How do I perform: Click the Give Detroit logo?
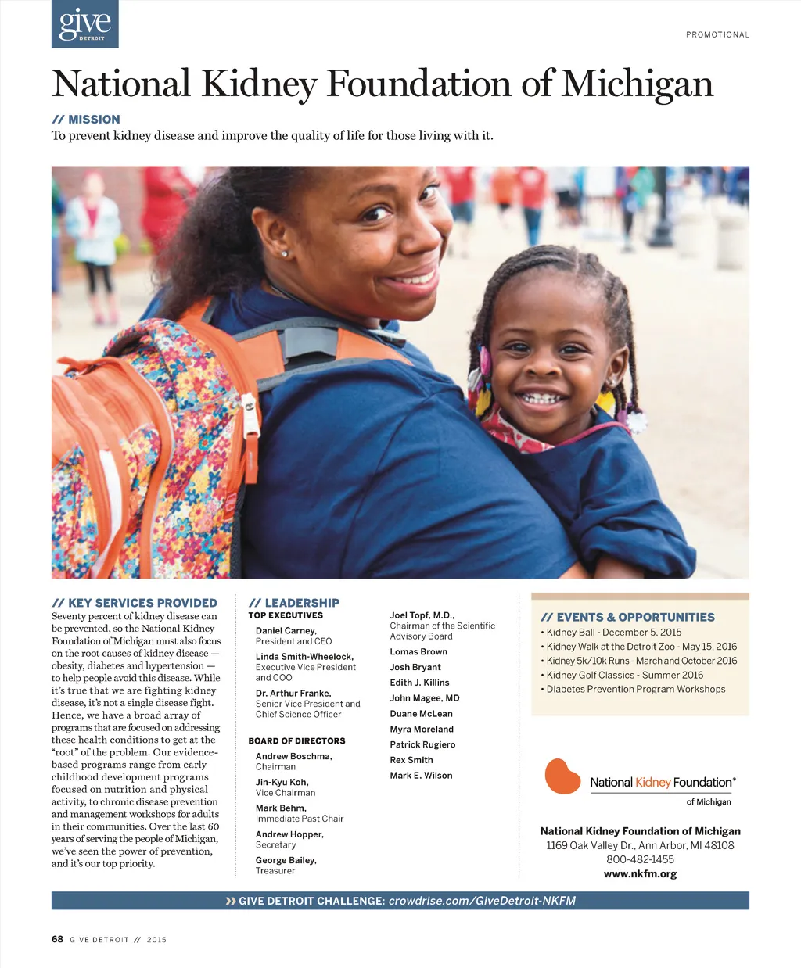pos(84,24)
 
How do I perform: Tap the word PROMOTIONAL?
pos(717,34)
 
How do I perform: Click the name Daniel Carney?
pos(286,631)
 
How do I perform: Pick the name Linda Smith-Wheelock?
pos(304,657)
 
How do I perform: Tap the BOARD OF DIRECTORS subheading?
pos(296,740)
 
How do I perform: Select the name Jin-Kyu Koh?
pos(282,782)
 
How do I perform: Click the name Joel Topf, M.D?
pos(422,615)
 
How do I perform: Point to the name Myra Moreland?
pos(422,729)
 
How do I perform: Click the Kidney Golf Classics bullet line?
pos(624,675)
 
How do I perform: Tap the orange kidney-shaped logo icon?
pos(562,776)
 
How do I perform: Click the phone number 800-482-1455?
pos(640,859)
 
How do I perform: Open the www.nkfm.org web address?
pos(640,873)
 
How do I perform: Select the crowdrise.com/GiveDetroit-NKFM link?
pos(482,901)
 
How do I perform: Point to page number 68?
pos(57,939)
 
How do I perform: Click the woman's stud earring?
pos(283,254)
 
